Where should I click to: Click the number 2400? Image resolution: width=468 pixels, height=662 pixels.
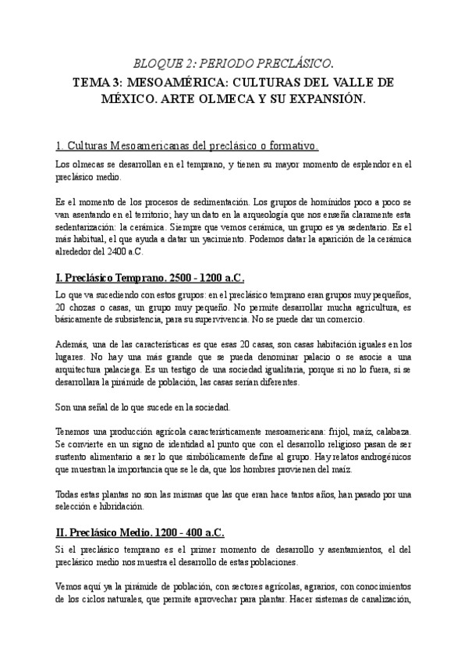(125, 251)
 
